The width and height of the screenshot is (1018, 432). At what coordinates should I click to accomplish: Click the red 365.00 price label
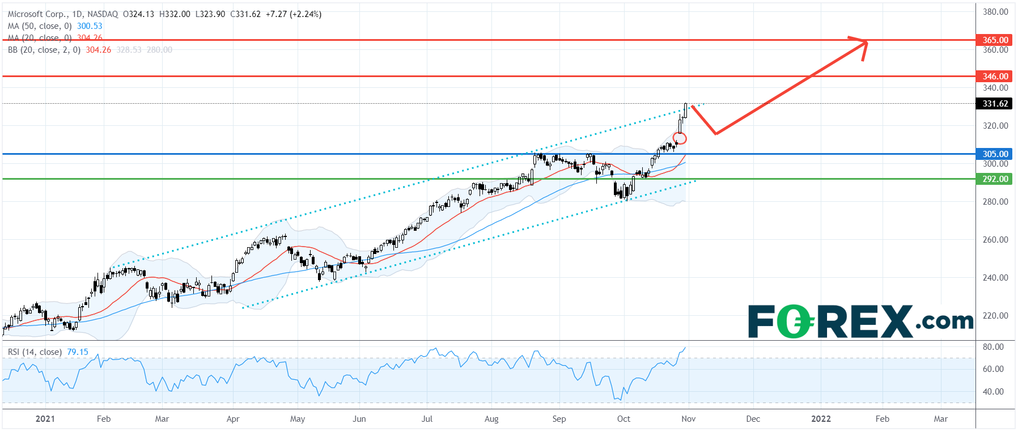995,40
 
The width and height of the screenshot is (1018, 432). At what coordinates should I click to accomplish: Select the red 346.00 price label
995,76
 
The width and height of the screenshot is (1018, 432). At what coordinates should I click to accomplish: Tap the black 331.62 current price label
995,104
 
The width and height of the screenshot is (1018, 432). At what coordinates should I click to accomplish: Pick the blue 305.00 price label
995,154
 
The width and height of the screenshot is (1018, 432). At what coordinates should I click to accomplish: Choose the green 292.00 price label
995,179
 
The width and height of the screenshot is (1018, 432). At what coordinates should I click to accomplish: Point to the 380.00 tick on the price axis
995,12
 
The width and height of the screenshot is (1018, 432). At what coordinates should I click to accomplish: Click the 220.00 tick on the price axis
995,316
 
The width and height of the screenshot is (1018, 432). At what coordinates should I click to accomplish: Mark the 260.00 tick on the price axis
995,240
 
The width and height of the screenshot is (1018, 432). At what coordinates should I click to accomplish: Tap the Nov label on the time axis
688,419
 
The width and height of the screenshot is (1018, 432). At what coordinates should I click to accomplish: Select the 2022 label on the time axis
821,419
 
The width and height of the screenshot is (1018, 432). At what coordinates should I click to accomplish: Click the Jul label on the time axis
427,419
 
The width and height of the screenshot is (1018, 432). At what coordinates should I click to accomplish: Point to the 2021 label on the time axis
45,419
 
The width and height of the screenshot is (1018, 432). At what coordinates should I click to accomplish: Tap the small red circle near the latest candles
680,138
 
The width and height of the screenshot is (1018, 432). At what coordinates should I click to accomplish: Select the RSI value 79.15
78,352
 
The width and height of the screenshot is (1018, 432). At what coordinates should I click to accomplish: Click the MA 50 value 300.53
90,26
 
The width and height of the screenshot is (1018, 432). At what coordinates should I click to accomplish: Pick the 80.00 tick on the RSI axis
993,347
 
